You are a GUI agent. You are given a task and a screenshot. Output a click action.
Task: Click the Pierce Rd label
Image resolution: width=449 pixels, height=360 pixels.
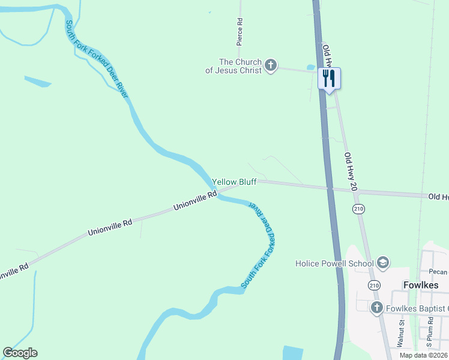tap(240, 32)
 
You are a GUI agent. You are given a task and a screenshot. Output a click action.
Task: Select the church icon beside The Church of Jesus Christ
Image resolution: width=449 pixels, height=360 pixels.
tap(271, 65)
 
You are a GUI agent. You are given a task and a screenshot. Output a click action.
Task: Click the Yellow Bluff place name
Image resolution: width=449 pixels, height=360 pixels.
tap(234, 182)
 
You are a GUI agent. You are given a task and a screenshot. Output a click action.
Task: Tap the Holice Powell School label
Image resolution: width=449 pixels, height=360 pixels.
tap(334, 263)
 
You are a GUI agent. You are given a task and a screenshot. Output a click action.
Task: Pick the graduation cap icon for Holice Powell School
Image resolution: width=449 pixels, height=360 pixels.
tap(383, 263)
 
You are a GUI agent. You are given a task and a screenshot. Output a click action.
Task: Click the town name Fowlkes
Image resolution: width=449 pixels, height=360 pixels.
tap(421, 285)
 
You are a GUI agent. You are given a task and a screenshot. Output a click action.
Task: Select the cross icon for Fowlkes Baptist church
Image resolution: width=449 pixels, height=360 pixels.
tap(376, 308)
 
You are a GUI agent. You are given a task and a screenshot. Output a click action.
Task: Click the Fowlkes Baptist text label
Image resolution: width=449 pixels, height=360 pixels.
tap(417, 308)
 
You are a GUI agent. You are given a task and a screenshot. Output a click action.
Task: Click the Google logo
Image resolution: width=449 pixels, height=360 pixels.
tap(20, 353)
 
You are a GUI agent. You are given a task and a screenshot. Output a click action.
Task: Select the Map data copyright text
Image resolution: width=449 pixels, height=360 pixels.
tap(424, 355)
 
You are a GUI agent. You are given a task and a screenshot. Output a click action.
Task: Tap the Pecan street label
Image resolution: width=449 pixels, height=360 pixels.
tap(439, 271)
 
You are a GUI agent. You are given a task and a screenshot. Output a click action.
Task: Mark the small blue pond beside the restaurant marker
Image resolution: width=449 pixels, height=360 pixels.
tap(310, 67)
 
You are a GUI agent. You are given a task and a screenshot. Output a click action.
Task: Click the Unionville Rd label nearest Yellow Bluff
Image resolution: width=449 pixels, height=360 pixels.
tap(195, 200)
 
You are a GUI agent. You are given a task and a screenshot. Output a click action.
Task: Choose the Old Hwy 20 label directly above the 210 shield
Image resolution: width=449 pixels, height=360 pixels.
tap(351, 172)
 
